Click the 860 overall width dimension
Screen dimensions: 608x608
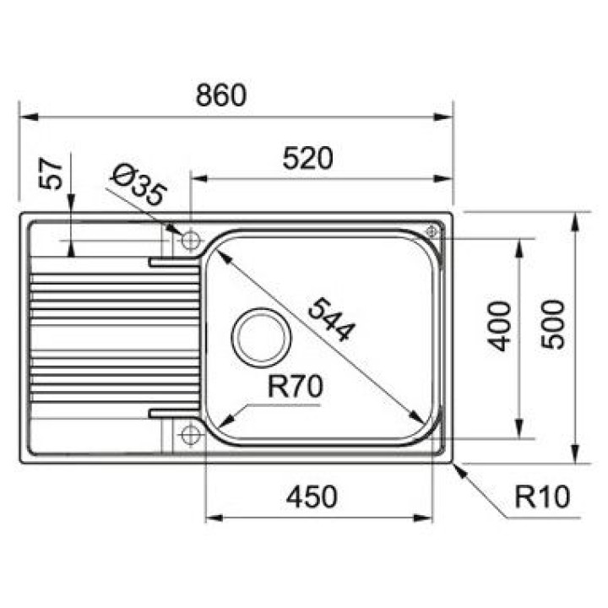point(221,95)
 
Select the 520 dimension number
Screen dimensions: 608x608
point(308,158)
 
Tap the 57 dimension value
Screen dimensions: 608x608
point(51,173)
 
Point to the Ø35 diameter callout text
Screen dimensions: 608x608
point(138,185)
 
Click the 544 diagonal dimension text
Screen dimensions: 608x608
point(331,319)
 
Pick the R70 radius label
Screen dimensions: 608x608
point(295,386)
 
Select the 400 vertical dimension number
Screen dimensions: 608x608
point(499,327)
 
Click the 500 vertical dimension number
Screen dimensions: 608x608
point(553,324)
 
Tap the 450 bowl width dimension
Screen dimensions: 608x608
point(312,497)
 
